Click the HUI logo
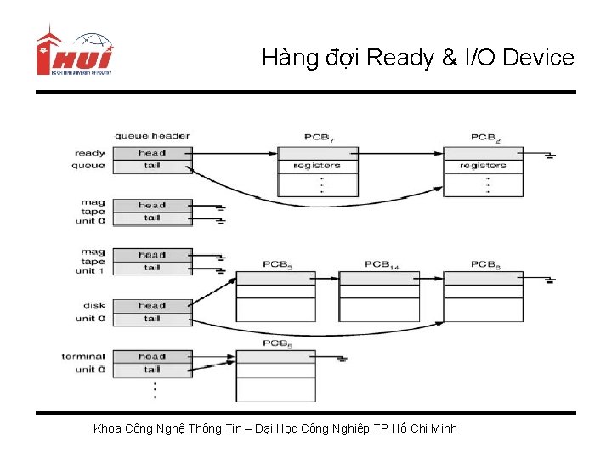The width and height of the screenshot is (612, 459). (x=74, y=54)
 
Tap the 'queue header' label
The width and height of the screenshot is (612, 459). (x=152, y=136)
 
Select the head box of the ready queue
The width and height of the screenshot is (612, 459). (x=153, y=153)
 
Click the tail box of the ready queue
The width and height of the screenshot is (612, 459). (x=153, y=166)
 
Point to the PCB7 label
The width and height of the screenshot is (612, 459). (x=319, y=137)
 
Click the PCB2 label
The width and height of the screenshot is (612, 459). (x=485, y=137)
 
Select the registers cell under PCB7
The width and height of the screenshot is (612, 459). (x=317, y=166)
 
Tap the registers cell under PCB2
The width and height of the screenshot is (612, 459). (x=483, y=166)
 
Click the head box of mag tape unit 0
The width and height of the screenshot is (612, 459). (x=153, y=205)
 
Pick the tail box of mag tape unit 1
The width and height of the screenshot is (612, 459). (x=153, y=268)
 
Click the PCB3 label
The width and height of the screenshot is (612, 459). (x=278, y=265)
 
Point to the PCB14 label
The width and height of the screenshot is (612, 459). (x=382, y=265)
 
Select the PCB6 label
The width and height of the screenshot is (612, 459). (x=485, y=265)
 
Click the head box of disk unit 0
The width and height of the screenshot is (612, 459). (x=153, y=305)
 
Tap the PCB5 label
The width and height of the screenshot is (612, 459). (x=278, y=343)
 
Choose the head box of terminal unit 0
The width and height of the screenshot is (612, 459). (x=153, y=357)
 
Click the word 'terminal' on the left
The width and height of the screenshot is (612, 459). (x=83, y=357)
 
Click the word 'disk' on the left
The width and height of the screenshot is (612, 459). (x=93, y=305)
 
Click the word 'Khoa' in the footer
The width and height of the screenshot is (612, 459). (x=107, y=428)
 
